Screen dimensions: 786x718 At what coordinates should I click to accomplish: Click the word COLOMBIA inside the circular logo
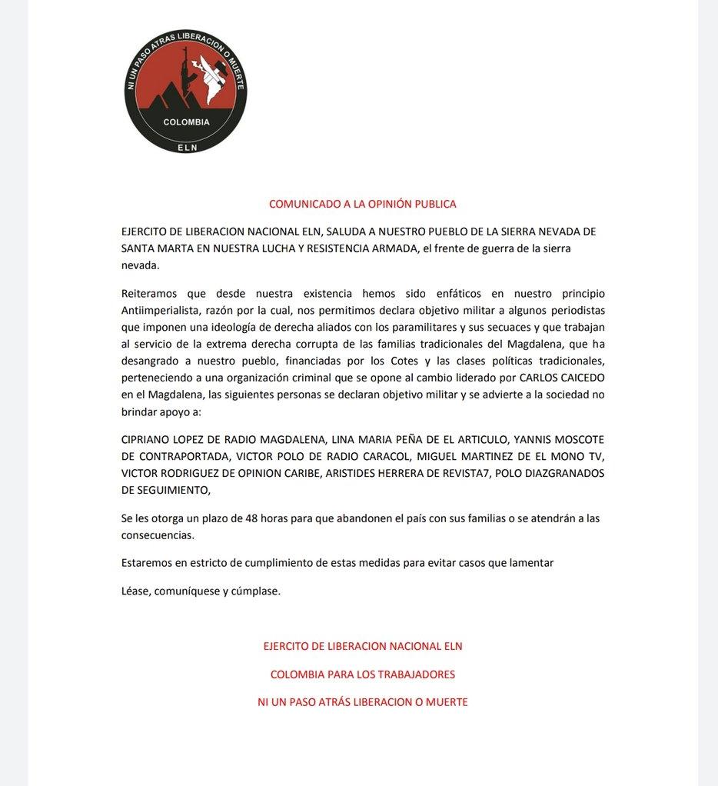point(186,122)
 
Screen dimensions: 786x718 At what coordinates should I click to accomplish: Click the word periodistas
point(573,310)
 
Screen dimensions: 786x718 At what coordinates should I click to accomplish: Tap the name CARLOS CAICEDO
point(561,378)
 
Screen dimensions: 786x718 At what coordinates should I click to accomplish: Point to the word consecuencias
point(158,535)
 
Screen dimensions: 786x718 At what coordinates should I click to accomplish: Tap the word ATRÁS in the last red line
point(333,702)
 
